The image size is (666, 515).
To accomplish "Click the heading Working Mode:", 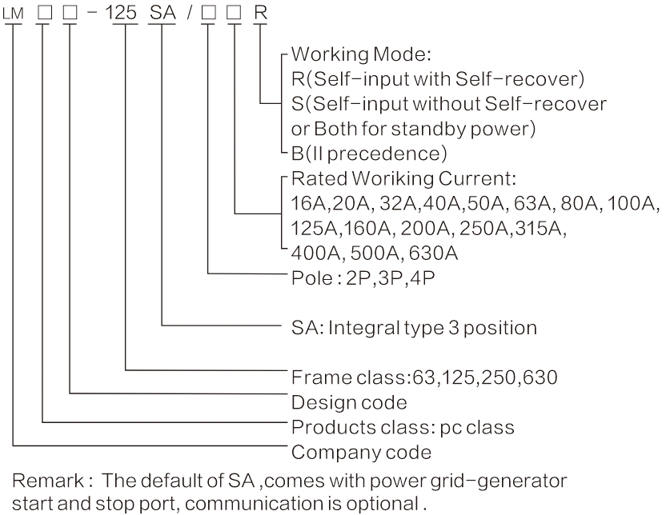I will (x=350, y=56).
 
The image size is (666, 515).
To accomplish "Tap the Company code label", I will (x=362, y=452).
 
